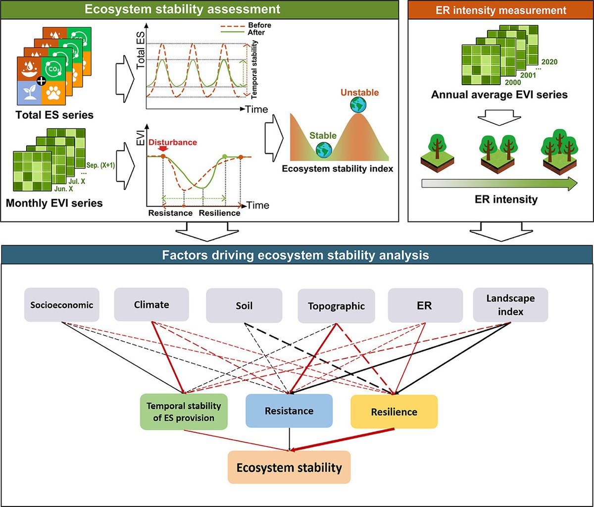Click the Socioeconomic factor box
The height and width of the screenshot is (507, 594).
(62, 305)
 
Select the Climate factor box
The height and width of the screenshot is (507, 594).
(151, 305)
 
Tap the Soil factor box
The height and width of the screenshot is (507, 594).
(244, 305)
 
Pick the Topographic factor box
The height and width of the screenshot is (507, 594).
(336, 305)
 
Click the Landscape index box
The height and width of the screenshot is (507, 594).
(510, 304)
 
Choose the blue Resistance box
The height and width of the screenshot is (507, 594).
(289, 411)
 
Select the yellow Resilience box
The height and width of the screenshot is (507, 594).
(394, 411)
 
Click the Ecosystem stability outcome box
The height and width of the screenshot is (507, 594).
(289, 467)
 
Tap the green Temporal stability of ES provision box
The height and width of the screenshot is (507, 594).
(184, 411)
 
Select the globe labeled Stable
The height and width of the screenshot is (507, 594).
(324, 149)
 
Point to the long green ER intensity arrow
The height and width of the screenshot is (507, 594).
(499, 184)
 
